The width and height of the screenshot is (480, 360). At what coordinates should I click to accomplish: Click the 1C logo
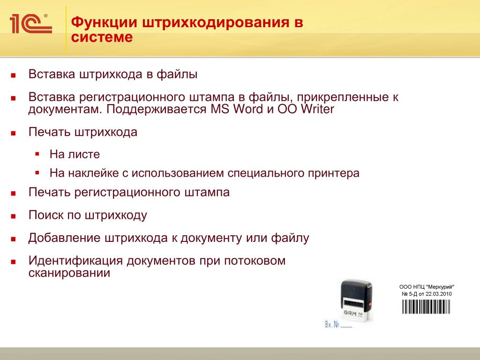31,23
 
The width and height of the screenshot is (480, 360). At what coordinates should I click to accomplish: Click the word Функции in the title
105,22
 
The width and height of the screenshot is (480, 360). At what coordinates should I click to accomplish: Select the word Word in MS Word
248,109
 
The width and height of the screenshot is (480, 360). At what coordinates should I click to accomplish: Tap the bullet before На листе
37,154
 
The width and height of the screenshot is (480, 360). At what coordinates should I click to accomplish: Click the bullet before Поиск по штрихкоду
13,217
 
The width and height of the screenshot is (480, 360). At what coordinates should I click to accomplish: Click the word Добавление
64,238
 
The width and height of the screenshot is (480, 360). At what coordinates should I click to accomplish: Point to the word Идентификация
75,261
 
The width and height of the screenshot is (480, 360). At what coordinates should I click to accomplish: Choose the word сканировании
69,273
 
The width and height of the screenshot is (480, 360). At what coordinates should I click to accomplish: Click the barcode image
426,307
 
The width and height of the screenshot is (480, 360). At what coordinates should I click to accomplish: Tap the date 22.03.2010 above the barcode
439,294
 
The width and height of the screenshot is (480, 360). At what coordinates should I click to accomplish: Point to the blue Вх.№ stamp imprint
338,324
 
